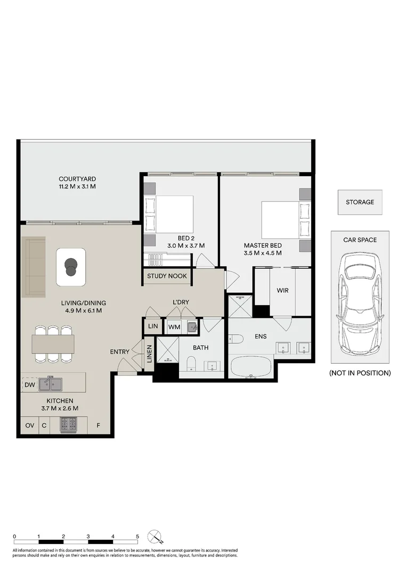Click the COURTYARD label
click(77, 179)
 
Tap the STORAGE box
click(360, 202)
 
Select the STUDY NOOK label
click(167, 276)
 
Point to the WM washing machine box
click(174, 327)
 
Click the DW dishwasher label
click(29, 384)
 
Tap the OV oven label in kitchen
click(29, 425)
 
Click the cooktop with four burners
click(68, 424)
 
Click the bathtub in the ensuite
click(251, 367)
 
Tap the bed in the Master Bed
click(282, 219)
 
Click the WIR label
click(282, 291)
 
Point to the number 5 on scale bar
click(137, 537)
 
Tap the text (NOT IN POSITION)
click(360, 373)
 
